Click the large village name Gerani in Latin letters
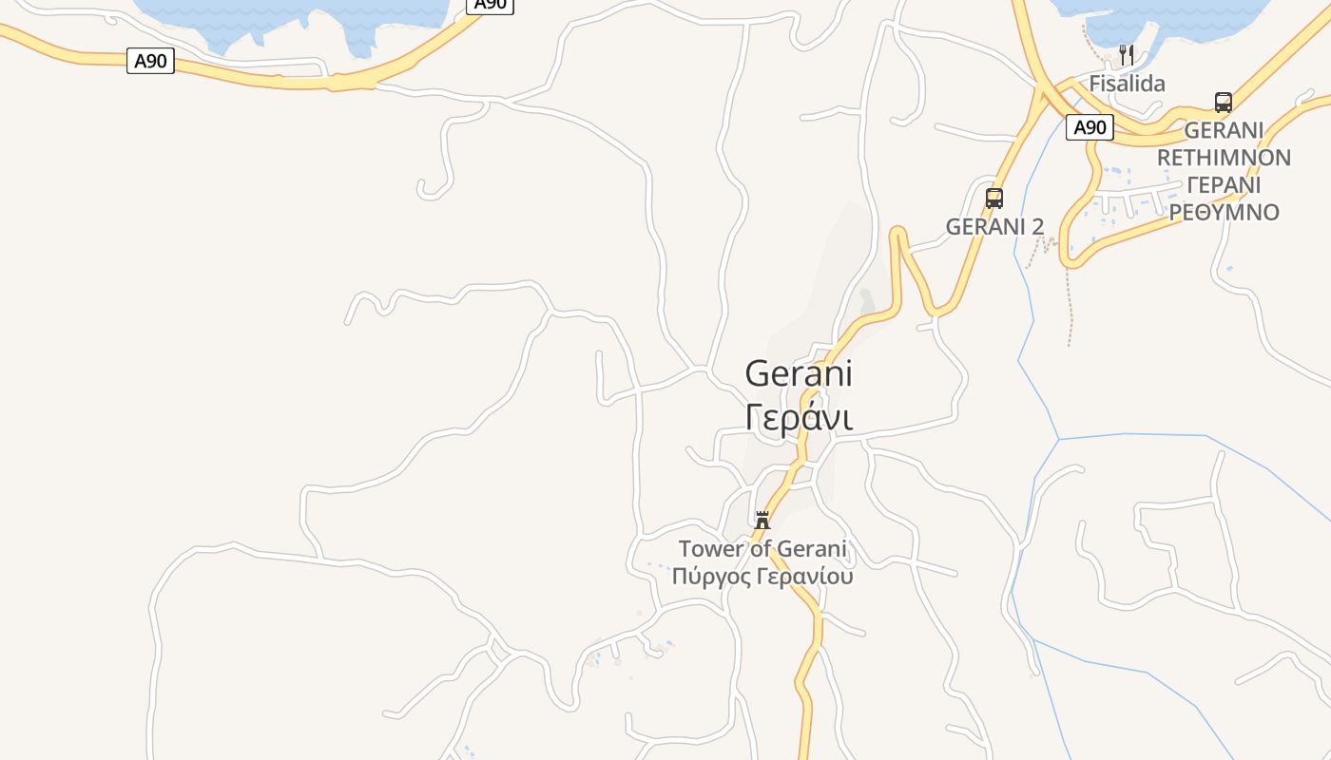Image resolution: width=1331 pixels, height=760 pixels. (799, 373)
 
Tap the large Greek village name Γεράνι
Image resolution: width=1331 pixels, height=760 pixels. (799, 417)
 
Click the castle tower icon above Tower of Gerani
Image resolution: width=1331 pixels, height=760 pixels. (762, 520)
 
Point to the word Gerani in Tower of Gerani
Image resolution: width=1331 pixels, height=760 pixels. (812, 549)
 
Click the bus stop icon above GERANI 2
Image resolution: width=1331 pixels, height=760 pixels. (994, 199)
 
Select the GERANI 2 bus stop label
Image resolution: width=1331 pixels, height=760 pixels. (994, 226)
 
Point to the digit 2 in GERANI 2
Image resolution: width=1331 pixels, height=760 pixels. (1037, 226)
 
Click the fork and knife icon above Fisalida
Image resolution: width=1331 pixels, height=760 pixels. (1127, 55)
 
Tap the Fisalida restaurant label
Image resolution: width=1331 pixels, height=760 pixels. (1127, 84)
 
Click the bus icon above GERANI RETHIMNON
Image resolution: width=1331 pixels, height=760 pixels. (1224, 103)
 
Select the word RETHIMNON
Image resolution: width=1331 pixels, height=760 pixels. (1225, 157)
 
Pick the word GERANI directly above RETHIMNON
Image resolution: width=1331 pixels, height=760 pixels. (1225, 130)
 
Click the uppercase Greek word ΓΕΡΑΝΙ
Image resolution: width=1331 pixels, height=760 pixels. (1225, 184)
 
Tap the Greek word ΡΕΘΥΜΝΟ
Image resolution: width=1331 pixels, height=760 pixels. (1225, 211)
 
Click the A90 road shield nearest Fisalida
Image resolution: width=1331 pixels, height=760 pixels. (1090, 127)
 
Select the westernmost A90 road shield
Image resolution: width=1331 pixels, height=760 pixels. (150, 62)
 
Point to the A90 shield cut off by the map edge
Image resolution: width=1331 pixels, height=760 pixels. (490, 5)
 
